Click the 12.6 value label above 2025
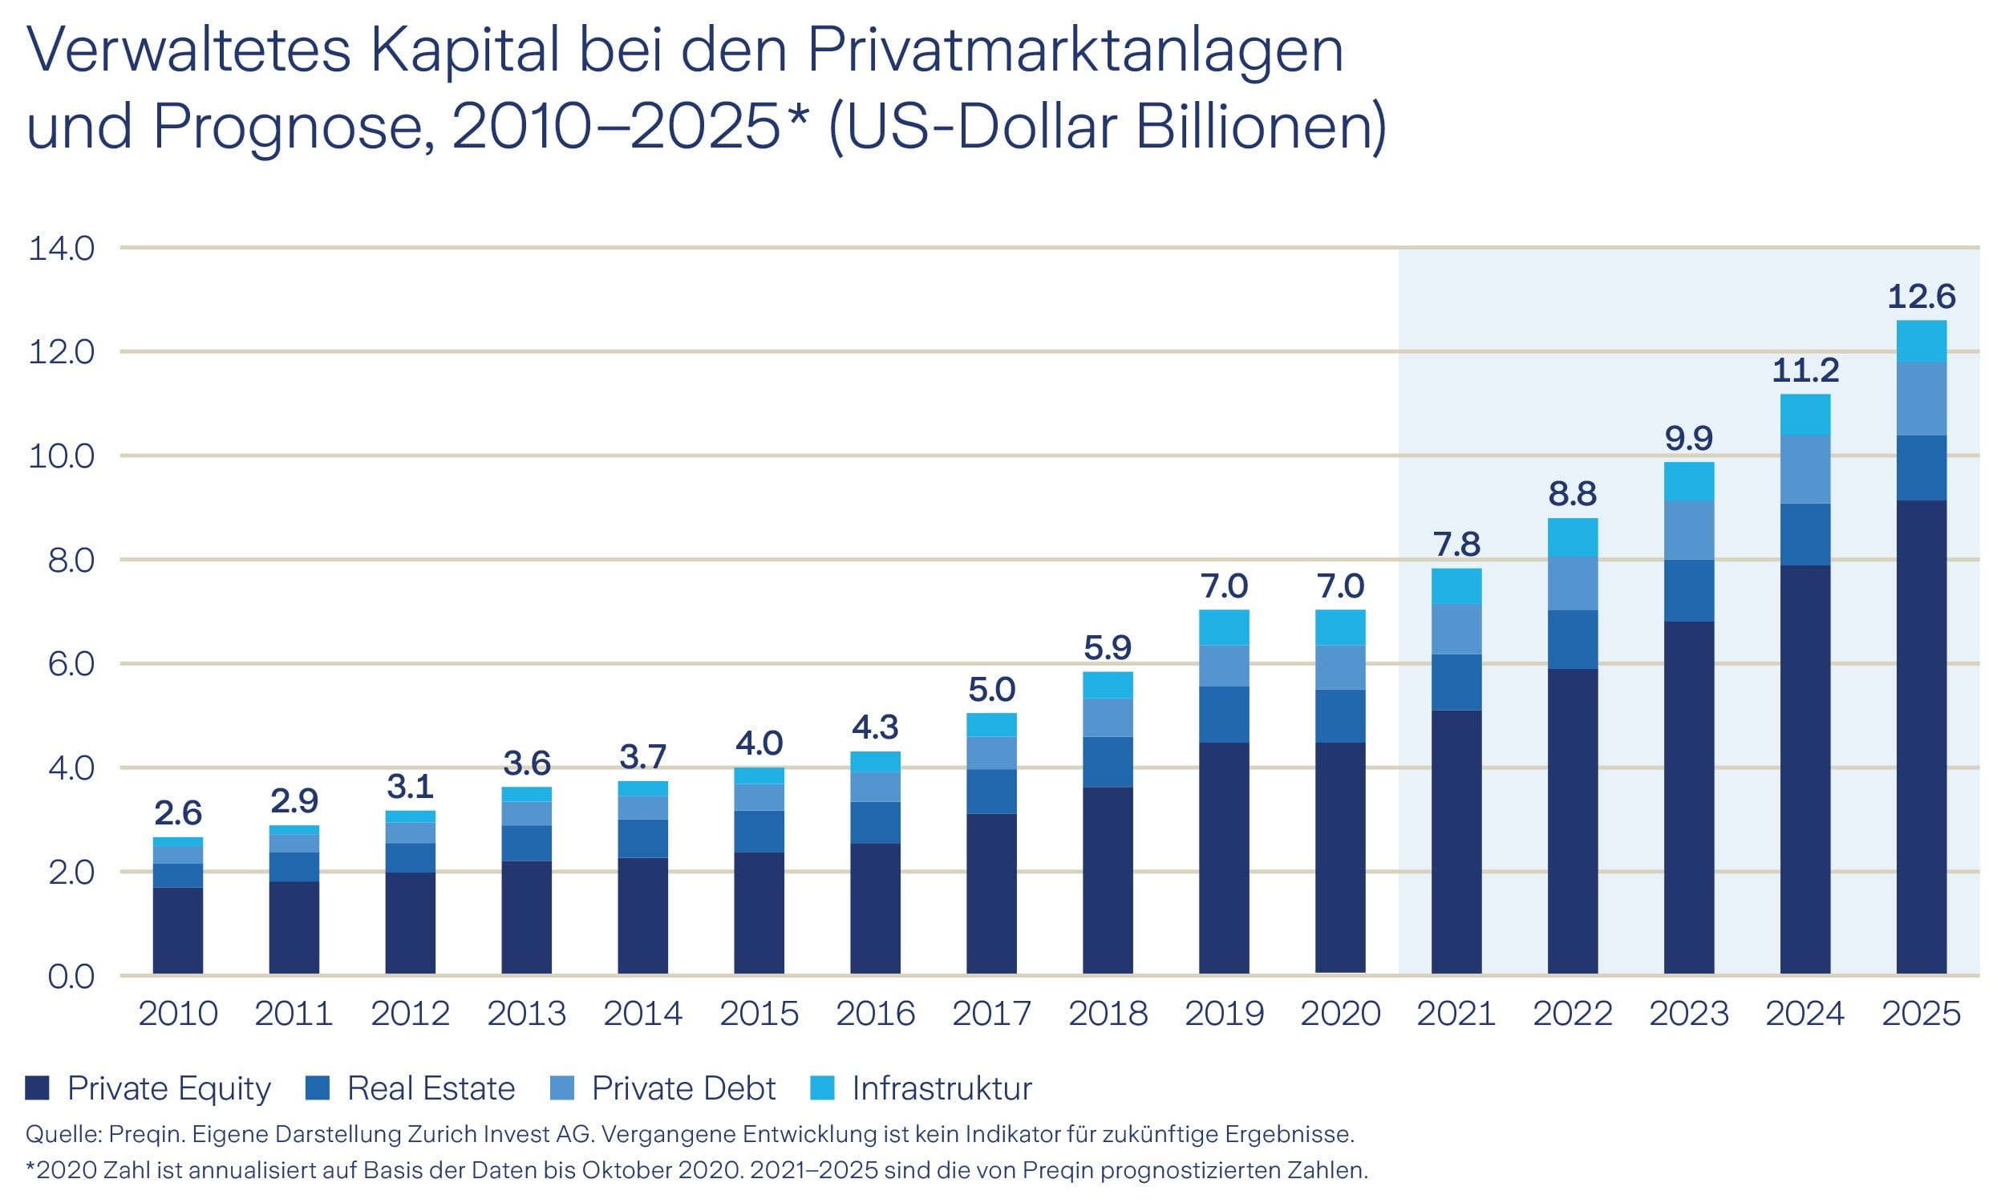1921,297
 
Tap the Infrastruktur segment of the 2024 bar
1804,415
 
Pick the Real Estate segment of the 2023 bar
1688,590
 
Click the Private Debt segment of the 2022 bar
1572,583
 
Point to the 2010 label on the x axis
177,1013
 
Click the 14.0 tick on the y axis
62,248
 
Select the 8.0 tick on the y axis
71,560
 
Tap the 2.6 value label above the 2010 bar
177,812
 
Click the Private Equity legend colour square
37,1088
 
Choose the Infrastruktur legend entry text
942,1088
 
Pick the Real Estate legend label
431,1088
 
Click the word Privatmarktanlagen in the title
1075,51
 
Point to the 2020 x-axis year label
1340,1013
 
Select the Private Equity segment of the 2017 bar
991,893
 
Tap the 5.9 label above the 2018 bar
1108,647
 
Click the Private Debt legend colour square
561,1088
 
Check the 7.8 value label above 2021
1456,544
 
